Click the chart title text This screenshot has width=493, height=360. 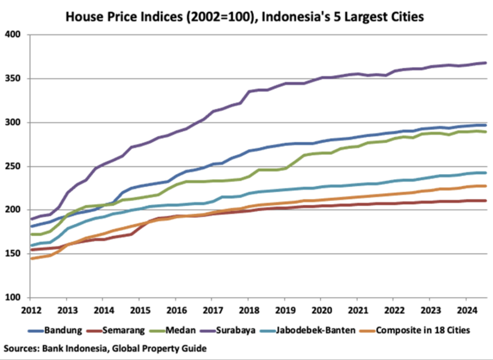coord(245,16)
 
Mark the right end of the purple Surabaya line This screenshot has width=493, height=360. coord(486,63)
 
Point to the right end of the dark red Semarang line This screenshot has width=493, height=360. coord(486,201)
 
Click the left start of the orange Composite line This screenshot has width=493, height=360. coord(31,259)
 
